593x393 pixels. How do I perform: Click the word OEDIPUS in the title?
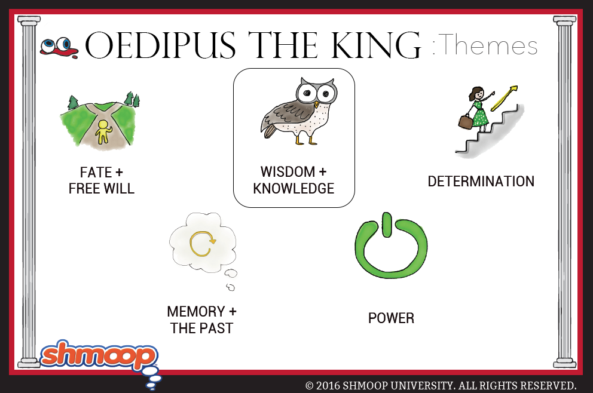pos(160,45)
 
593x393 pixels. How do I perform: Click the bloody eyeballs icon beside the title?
pos(59,48)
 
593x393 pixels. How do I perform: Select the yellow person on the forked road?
pos(103,132)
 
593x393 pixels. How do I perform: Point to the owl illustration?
pos(298,111)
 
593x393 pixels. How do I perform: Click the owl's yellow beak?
pos(317,104)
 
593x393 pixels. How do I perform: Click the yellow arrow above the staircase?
pos(504,98)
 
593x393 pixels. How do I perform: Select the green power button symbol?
pos(391,245)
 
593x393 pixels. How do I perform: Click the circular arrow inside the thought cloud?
pos(202,243)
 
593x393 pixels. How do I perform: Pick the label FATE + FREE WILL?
pos(102,180)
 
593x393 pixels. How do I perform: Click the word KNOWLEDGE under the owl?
pos(294,188)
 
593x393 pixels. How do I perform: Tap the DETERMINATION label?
pos(481,182)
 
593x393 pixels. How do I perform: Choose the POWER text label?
pos(391,318)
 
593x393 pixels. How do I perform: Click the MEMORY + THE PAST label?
pos(201,320)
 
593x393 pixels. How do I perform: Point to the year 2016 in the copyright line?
pos(328,385)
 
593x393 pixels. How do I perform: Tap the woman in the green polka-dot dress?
pos(478,109)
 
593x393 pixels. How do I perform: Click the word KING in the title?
pos(375,45)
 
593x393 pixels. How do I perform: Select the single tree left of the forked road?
pos(72,102)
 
